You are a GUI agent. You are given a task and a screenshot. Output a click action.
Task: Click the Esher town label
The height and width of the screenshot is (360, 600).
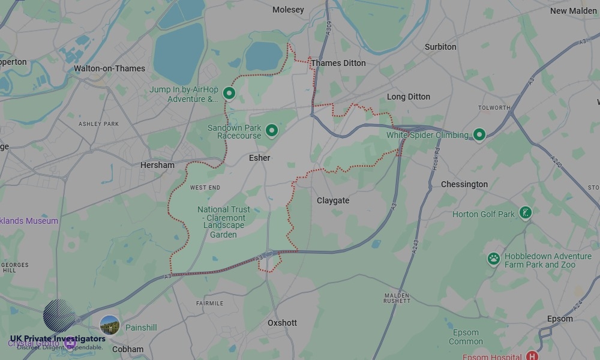click(x=259, y=158)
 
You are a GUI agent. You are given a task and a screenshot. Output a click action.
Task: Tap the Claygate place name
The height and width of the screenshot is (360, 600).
click(x=332, y=200)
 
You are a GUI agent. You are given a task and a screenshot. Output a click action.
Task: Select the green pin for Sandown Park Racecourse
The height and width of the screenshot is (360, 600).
click(x=272, y=130)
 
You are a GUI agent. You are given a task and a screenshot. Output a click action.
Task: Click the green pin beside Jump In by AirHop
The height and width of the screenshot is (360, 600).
click(x=229, y=93)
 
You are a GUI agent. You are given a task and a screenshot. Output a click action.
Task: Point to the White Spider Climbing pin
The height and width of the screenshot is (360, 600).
click(x=479, y=134)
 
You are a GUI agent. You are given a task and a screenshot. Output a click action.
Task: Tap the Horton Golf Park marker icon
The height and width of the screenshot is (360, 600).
click(x=526, y=213)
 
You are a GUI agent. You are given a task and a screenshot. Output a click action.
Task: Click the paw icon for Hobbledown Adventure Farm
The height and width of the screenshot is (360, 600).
click(x=493, y=259)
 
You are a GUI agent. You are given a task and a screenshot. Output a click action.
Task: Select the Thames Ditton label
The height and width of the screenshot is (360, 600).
click(x=338, y=63)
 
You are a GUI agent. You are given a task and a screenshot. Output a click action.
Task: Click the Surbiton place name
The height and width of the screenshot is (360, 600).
click(x=440, y=47)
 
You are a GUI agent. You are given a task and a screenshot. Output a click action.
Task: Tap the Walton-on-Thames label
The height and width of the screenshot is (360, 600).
click(x=109, y=68)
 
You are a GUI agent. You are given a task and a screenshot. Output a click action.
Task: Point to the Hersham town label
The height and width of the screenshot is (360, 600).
click(x=157, y=165)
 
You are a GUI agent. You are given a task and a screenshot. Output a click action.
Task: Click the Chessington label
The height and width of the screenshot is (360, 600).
click(x=464, y=184)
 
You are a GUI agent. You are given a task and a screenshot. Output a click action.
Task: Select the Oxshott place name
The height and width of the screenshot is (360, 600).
click(x=282, y=323)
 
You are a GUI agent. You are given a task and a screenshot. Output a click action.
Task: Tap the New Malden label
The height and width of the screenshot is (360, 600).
click(x=573, y=11)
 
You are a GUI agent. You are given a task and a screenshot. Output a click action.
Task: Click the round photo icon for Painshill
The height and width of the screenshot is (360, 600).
click(x=109, y=325)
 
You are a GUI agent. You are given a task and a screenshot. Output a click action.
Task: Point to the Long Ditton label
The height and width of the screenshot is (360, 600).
click(x=409, y=97)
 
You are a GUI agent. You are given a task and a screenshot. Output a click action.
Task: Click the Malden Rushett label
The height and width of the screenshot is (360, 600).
click(x=397, y=298)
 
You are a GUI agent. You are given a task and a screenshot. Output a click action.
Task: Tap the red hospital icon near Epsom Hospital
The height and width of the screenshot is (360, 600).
click(x=532, y=356)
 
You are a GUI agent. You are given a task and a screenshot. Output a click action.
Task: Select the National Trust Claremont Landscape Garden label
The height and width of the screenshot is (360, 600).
click(x=224, y=222)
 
